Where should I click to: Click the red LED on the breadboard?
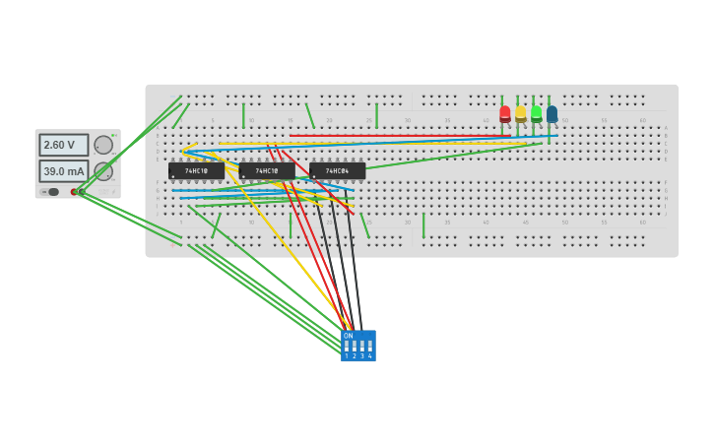coord(505,114)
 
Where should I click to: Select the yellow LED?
coord(521,114)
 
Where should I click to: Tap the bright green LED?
coord(537,113)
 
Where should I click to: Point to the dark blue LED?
coord(552,114)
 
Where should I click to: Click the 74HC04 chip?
coord(338,170)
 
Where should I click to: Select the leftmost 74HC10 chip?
coord(196,170)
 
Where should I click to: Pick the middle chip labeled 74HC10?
coord(267,170)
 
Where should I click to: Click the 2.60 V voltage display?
coord(63,145)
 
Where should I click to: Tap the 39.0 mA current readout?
coord(63,171)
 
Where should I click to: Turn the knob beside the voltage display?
coord(103,145)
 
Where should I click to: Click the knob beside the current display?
coord(103,171)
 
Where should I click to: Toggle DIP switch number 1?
coord(347,347)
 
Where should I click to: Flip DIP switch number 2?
coord(355,347)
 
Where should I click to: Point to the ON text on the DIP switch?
coord(349,336)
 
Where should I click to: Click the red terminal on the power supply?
coord(74,192)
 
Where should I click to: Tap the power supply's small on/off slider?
coord(53,192)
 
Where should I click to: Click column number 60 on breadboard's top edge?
coord(643,120)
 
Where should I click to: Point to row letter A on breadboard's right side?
coord(666,128)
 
